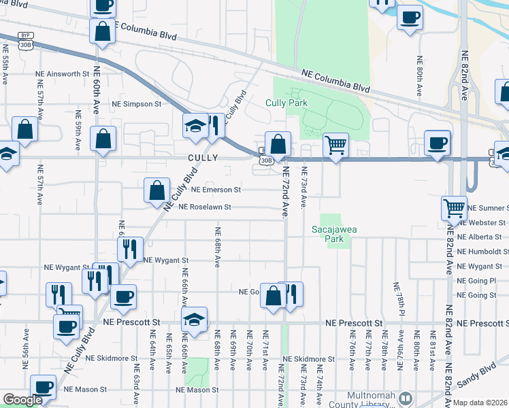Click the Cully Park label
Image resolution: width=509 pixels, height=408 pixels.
286,103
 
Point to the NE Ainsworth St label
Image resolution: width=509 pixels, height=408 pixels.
63,73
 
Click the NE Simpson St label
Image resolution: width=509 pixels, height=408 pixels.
136,104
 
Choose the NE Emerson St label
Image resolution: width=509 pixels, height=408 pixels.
216,190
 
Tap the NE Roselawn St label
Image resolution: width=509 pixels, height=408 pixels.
205,207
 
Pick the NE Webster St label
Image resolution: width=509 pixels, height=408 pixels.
483,222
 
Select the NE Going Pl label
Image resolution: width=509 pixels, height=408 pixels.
477,280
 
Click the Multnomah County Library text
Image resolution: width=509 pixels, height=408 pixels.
371,400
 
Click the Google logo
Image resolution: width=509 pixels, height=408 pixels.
22,400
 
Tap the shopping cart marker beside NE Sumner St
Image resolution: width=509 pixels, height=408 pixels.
454,207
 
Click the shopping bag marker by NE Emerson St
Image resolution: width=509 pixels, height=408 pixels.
157,190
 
